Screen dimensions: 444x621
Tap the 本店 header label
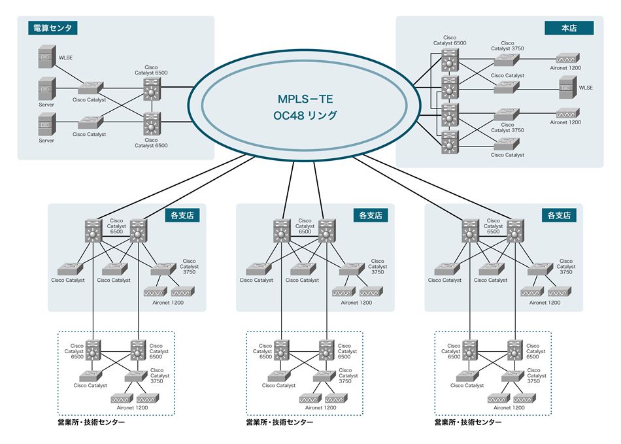click(569, 28)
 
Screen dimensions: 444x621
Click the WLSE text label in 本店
click(587, 86)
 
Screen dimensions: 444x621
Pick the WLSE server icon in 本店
click(566, 85)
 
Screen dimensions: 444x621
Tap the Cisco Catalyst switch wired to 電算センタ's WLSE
click(90, 87)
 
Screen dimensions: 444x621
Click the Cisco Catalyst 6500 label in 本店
click(450, 41)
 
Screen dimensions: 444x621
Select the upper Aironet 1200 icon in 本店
click(565, 58)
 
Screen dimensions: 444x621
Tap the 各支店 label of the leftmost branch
click(183, 214)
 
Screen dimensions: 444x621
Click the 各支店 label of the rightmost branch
click(560, 214)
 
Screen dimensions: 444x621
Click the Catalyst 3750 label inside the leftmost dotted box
click(159, 375)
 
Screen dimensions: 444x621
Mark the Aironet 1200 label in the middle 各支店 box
click(357, 302)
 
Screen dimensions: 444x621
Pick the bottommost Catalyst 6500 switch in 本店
click(449, 142)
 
